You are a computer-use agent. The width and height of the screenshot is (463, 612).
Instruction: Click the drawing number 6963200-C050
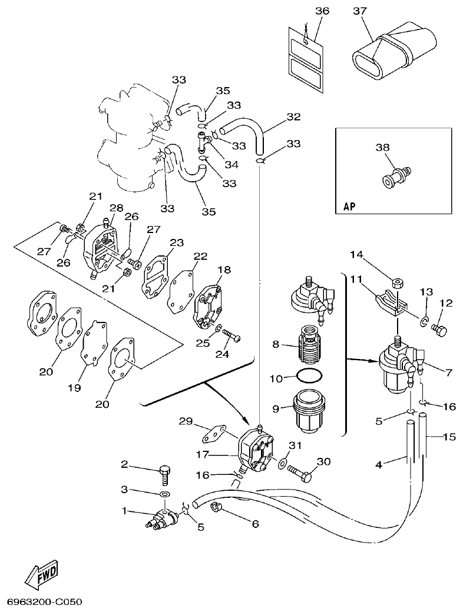(x=44, y=602)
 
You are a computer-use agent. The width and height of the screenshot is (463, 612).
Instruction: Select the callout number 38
(x=382, y=148)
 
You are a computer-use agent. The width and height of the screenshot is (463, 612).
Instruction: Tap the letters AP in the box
(x=350, y=207)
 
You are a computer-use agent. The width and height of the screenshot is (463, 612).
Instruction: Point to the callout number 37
(x=360, y=11)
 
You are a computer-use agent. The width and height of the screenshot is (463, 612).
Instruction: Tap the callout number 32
(x=293, y=117)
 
